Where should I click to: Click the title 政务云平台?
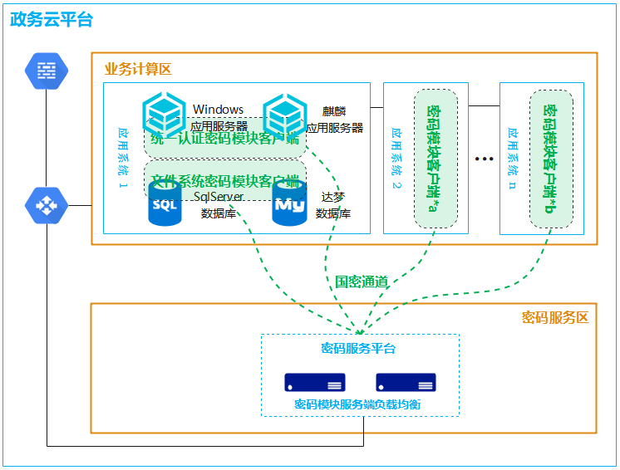[52, 20]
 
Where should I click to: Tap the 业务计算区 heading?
[137, 69]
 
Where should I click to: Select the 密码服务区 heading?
[554, 317]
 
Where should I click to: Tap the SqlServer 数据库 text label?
[218, 204]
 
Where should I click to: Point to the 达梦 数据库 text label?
[333, 204]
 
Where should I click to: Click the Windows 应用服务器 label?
[219, 118]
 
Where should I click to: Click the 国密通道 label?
[361, 282]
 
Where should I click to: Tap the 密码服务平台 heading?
[358, 348]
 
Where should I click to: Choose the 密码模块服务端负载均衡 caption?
[363, 404]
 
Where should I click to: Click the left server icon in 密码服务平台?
[315, 383]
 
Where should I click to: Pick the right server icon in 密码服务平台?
[406, 383]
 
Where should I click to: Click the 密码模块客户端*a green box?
[435, 158]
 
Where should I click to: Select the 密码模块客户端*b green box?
[551, 158]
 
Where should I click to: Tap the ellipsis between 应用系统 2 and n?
[484, 158]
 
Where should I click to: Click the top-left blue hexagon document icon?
[47, 71]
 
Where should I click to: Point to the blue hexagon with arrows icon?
[47, 205]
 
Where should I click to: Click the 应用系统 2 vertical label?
[396, 157]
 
